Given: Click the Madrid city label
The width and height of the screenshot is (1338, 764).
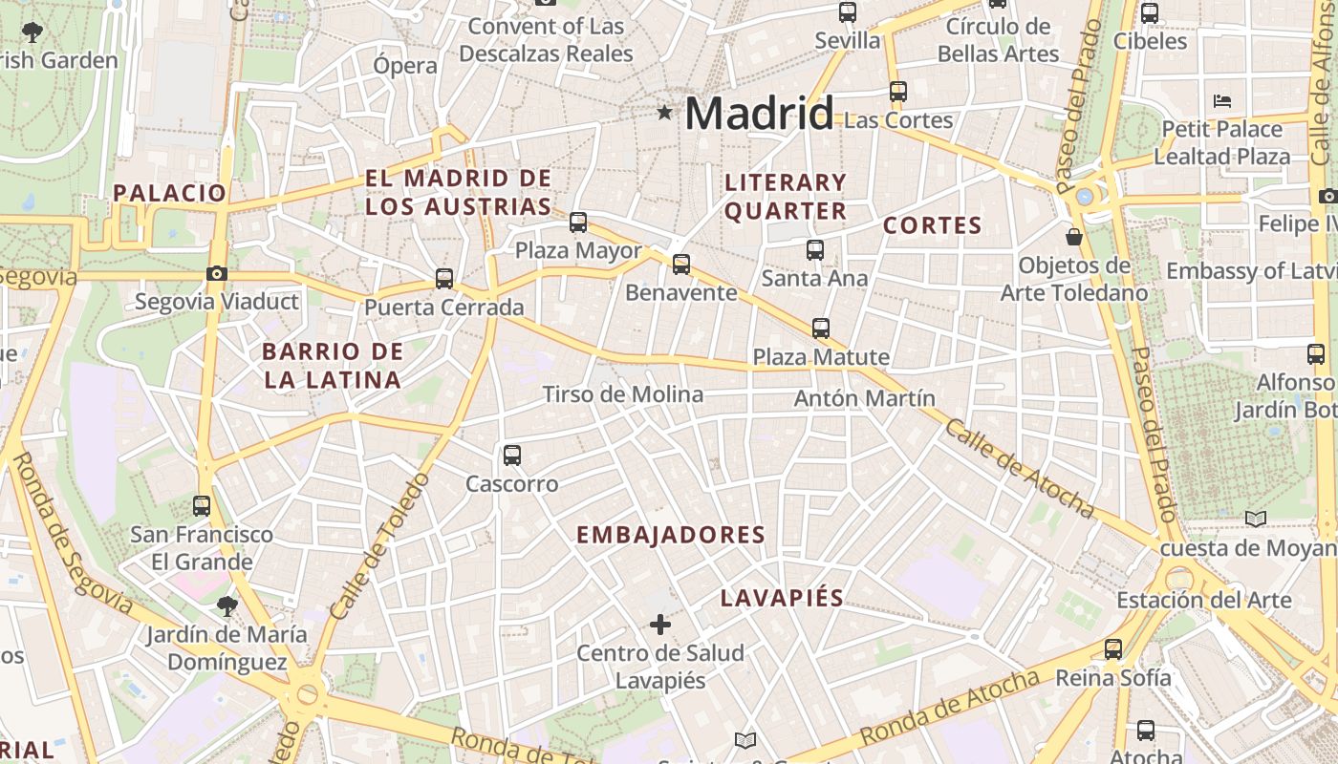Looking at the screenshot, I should point(759,114).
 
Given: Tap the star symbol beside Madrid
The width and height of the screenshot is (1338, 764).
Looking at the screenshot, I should point(664,113).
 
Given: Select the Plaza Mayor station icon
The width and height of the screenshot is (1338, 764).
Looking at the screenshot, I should point(578,223).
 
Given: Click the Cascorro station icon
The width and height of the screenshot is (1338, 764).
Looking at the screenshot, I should point(512,456).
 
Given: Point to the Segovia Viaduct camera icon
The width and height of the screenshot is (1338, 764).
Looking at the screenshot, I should point(217,274).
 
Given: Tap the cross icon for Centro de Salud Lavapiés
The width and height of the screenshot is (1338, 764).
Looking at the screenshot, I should point(660,625).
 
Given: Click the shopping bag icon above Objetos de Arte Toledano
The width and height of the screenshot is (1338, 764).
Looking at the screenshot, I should point(1074,236).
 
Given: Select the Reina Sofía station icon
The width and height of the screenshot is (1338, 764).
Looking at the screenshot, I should point(1113,649).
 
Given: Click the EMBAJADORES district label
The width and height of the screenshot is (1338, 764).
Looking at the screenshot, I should point(671,535).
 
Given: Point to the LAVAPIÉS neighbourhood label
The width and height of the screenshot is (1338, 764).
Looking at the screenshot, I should point(782,599).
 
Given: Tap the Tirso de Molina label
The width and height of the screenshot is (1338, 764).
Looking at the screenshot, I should point(622,394).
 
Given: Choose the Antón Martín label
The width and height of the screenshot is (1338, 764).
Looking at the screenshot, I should point(865,398).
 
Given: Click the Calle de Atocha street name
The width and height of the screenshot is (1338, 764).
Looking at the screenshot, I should point(1019,468).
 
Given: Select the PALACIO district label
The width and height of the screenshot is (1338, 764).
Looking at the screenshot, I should point(170,193).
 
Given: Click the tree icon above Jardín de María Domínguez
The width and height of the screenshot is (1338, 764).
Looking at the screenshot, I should point(227,605).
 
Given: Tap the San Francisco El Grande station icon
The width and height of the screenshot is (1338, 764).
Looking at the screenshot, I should point(202,505).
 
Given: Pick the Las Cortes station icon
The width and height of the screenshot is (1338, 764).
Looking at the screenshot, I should point(898,92).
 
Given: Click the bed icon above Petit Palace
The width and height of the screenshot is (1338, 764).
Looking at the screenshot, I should point(1222,101).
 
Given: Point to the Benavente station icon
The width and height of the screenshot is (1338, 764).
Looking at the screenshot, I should point(681,265).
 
